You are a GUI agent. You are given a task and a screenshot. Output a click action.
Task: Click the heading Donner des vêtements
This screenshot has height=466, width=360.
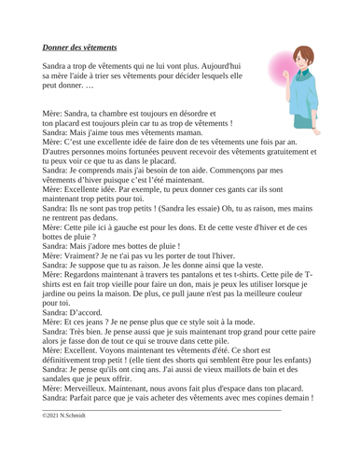click(x=79, y=46)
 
